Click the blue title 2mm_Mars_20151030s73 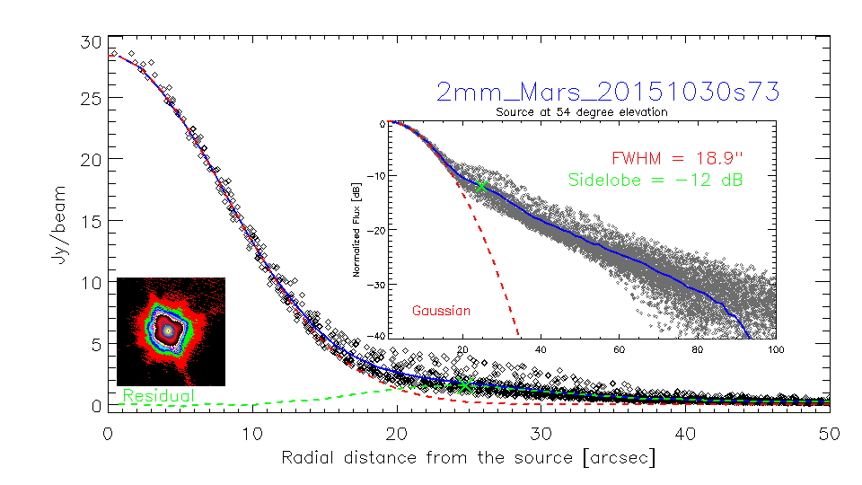(x=607, y=92)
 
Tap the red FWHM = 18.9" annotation (x=678, y=156)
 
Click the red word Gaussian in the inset (x=441, y=311)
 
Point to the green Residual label (x=158, y=395)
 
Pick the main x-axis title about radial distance (x=468, y=458)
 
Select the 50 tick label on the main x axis (x=829, y=433)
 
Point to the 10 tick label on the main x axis (x=252, y=433)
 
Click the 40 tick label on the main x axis (x=685, y=433)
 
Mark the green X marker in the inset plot (x=482, y=186)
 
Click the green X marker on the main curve (x=464, y=384)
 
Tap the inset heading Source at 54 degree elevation (x=581, y=112)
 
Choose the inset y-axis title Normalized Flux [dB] (x=356, y=230)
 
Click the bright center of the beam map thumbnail (x=168, y=331)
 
